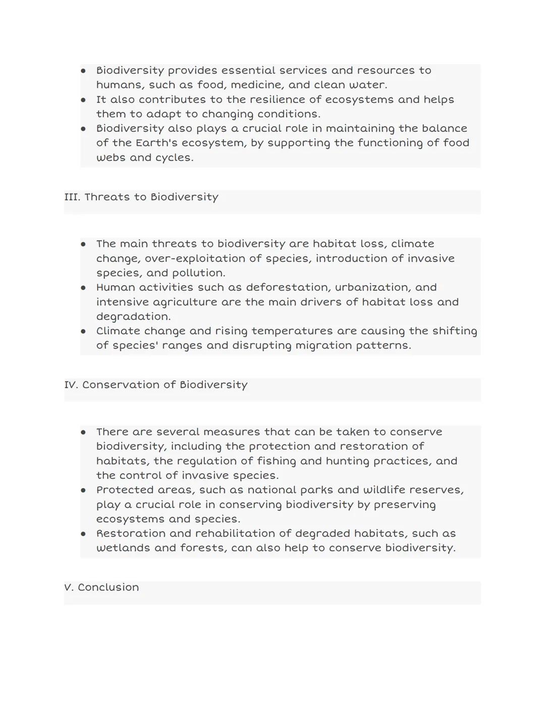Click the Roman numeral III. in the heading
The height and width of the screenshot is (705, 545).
[72, 197]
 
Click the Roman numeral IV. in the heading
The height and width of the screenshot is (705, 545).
[71, 385]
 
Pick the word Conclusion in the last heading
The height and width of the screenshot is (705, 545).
[108, 587]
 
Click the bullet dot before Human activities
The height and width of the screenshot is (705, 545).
[83, 288]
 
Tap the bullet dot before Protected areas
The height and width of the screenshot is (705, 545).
[83, 491]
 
